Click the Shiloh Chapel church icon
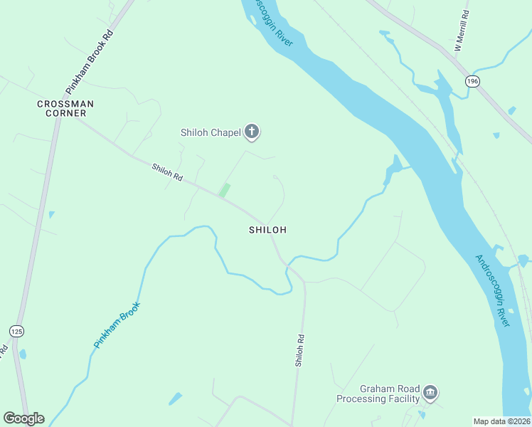click(x=252, y=131)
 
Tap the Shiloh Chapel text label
click(x=211, y=132)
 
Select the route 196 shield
click(x=472, y=82)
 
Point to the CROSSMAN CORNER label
click(x=65, y=108)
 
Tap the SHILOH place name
click(x=267, y=230)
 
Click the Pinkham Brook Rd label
click(x=90, y=63)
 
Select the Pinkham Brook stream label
click(x=117, y=325)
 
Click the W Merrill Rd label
click(x=462, y=31)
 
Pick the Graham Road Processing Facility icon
click(x=430, y=392)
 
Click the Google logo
click(x=23, y=418)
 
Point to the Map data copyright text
click(x=502, y=421)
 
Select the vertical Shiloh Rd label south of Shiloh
click(x=300, y=350)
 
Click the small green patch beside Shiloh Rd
click(x=224, y=190)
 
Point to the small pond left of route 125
click(x=23, y=354)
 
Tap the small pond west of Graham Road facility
click(x=175, y=399)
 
